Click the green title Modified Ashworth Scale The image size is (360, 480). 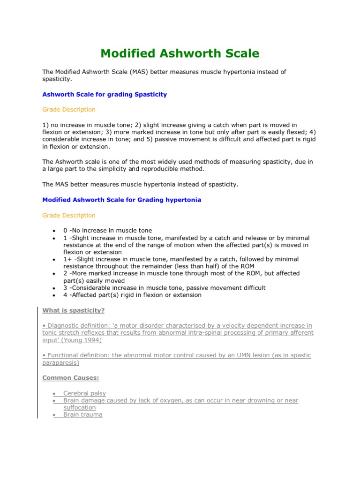click(180, 53)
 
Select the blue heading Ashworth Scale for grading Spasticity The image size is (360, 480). click(105, 94)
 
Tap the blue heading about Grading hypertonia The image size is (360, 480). click(122, 200)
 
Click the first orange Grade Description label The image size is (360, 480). click(69, 109)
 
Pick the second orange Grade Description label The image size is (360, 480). click(69, 215)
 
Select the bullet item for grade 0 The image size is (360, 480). click(107, 231)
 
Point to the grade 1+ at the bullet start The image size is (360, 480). click(67, 259)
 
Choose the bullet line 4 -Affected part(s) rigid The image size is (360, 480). click(132, 295)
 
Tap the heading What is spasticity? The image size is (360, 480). click(74, 310)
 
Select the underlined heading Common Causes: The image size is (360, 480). click(71, 377)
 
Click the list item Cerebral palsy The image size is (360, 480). click(85, 393)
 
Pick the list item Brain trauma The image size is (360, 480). click(83, 415)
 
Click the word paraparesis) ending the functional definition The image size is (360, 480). click(60, 363)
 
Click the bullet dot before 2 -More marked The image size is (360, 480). click(54, 274)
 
